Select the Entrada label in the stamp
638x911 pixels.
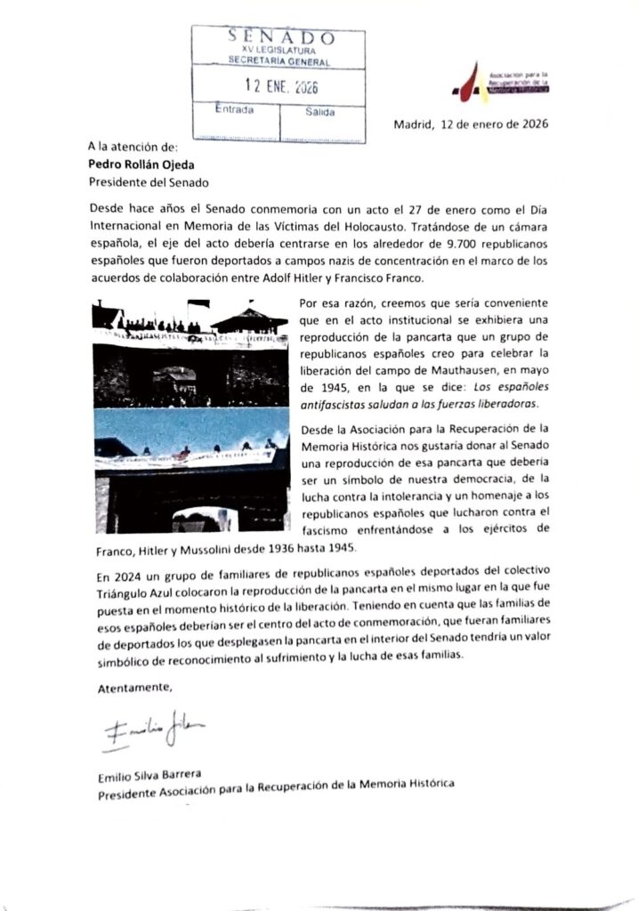coord(235,111)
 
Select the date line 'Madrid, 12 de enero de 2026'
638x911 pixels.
coord(471,125)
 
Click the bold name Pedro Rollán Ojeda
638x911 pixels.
coord(147,164)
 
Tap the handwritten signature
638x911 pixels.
coord(153,731)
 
